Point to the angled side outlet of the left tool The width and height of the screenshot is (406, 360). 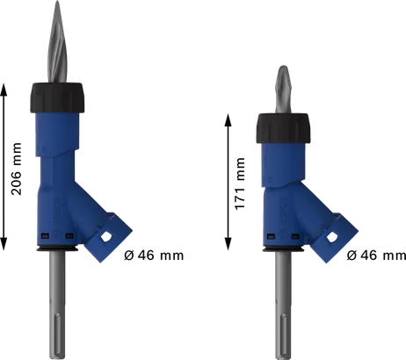pos(112,233)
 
